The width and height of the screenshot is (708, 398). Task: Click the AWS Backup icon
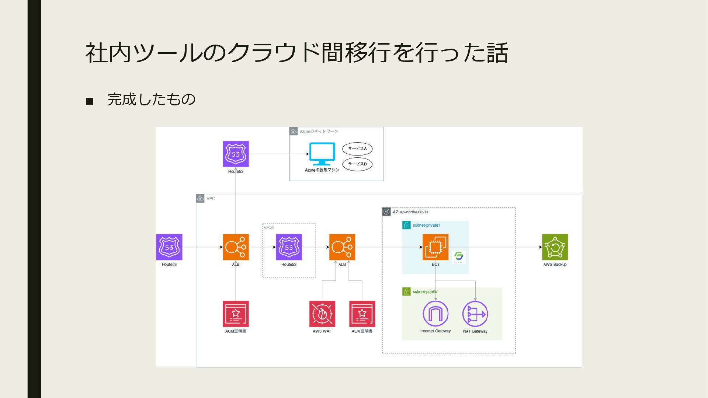point(555,247)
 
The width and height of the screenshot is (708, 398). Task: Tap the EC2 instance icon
point(435,247)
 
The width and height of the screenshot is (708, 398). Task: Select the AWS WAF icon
point(322,314)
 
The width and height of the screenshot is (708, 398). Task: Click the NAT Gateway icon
point(475,314)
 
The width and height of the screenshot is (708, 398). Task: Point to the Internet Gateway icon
point(435,314)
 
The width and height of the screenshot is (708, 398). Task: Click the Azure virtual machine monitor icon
point(322,154)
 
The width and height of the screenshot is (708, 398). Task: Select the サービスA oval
point(357,149)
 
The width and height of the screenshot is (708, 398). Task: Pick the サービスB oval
point(357,164)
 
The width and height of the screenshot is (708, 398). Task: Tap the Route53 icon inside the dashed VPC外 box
point(289,247)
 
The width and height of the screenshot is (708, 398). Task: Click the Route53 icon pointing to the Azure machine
point(236,154)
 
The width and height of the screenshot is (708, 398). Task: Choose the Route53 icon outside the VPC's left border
point(169,247)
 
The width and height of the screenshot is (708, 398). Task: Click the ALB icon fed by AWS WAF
point(342,247)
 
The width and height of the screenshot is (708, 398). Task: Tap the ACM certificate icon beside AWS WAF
point(362,314)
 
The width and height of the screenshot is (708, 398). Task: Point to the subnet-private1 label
point(426,225)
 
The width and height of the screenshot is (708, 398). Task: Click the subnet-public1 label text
point(426,292)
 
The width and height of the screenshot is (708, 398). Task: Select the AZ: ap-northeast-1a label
point(410,212)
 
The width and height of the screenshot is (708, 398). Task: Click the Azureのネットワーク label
point(319,132)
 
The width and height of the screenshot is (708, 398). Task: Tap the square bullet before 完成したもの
point(90,101)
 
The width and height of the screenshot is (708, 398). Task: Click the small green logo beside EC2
point(459,256)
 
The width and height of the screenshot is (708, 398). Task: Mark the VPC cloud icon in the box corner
point(200,199)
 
